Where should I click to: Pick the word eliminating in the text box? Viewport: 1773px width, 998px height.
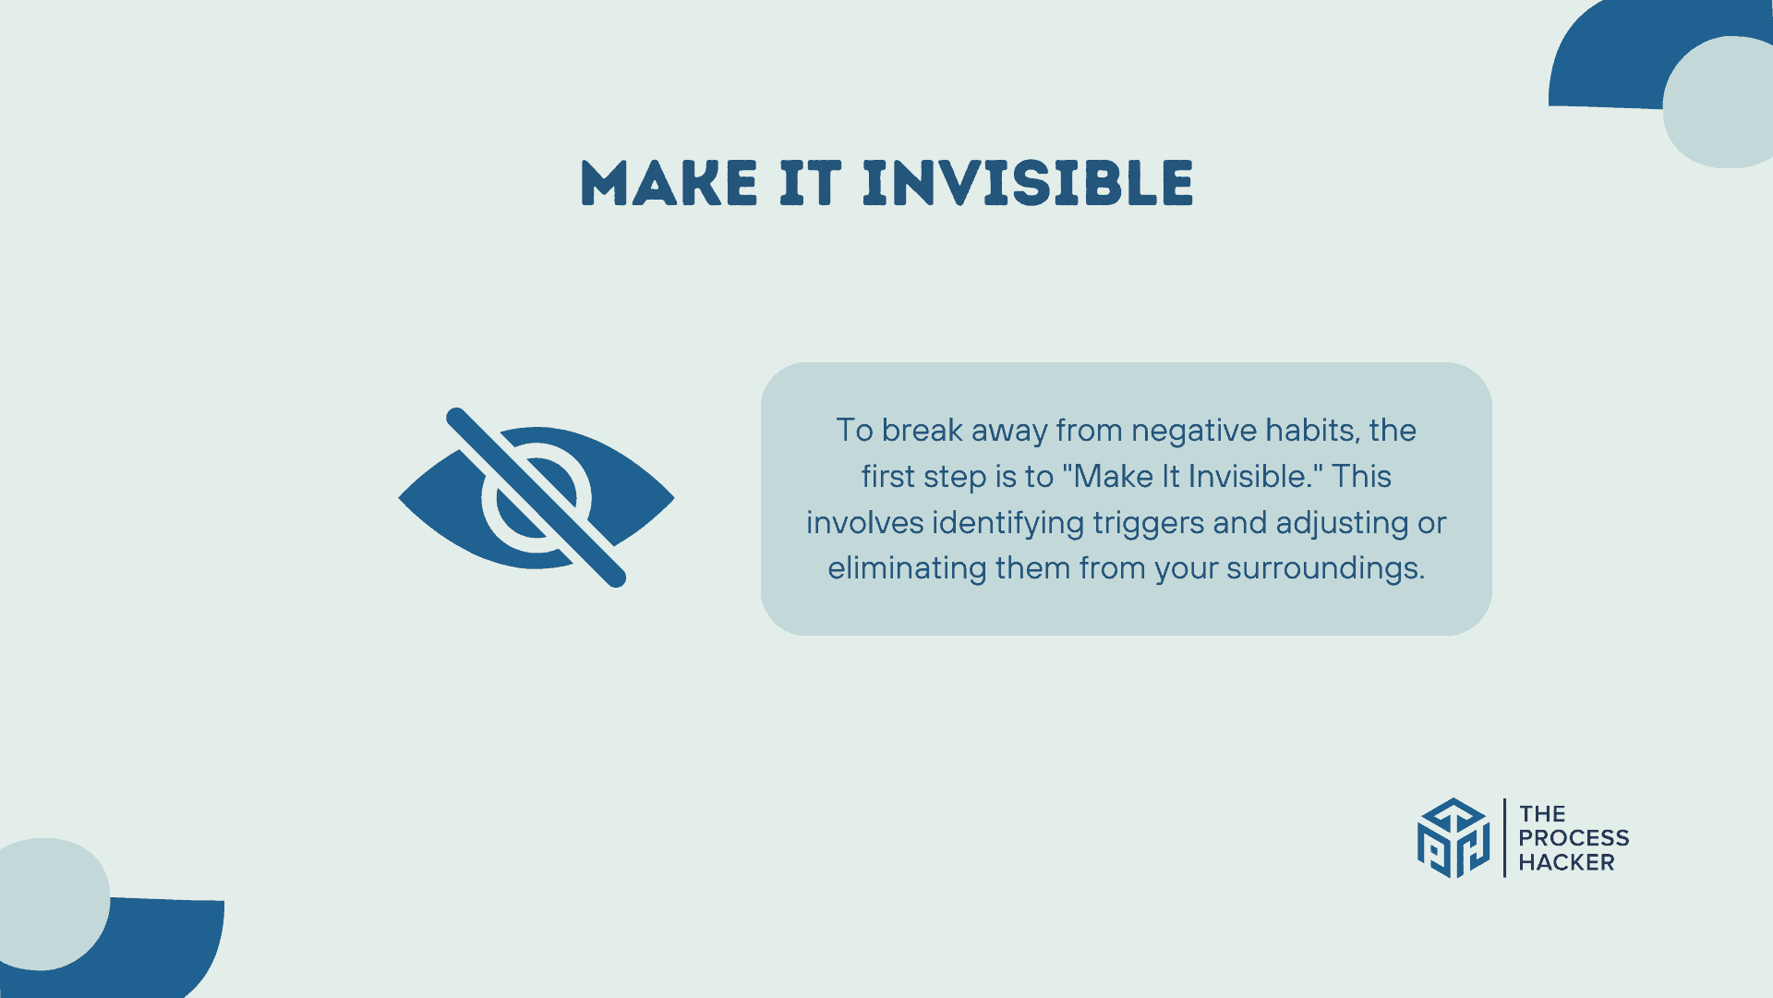[907, 568]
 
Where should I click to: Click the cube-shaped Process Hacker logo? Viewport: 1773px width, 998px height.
[1453, 838]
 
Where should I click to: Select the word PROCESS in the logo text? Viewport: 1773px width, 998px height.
[1574, 838]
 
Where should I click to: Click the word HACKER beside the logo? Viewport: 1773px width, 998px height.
[1566, 862]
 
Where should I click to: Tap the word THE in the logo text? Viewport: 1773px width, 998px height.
[1542, 814]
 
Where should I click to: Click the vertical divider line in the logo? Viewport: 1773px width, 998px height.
[1504, 838]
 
